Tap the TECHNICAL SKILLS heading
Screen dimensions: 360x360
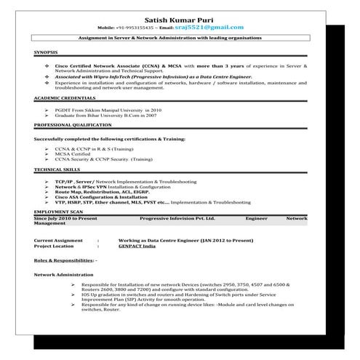pyautogui.click(x=57, y=169)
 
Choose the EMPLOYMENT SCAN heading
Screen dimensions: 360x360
pyautogui.click(x=58, y=211)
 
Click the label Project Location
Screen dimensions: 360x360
pyautogui.click(x=56, y=244)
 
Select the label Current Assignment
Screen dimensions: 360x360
pyautogui.click(x=58, y=239)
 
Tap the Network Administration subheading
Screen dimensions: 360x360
pyautogui.click(x=65, y=274)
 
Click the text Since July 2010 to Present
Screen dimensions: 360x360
pyautogui.click(x=66, y=217)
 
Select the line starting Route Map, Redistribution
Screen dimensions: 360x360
pyautogui.click(x=103, y=191)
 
